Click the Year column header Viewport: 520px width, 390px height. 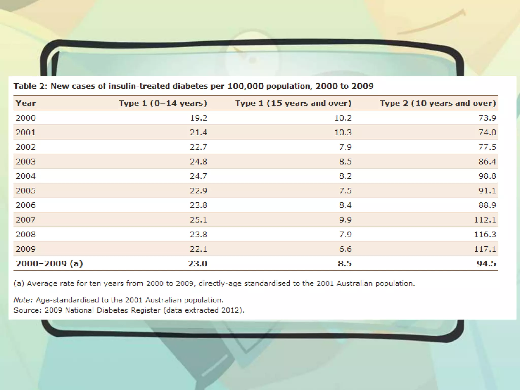tap(26, 103)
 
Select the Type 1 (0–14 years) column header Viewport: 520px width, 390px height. tap(163, 103)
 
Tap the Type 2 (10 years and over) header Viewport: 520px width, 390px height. tap(437, 103)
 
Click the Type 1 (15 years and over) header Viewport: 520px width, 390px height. tap(293, 103)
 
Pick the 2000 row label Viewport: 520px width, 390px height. tap(26, 118)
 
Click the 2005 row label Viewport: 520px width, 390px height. tap(26, 191)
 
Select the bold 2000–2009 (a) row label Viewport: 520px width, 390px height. tap(49, 264)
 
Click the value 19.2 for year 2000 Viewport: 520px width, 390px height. tap(199, 118)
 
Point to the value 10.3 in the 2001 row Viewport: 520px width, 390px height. tap(343, 133)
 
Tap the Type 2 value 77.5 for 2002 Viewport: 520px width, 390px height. tap(487, 147)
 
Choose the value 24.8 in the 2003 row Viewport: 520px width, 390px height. tap(199, 161)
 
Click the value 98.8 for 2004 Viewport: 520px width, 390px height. tap(487, 176)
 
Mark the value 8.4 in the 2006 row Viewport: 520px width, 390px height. tap(345, 205)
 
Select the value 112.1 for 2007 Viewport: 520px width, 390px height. tap(485, 220)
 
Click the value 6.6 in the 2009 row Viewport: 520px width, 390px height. tap(345, 249)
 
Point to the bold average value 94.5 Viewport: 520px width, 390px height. tap(486, 264)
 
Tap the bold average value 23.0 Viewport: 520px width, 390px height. tap(198, 264)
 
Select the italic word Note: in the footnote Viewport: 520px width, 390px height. tap(23, 300)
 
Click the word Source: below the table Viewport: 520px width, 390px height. tap(27, 310)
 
